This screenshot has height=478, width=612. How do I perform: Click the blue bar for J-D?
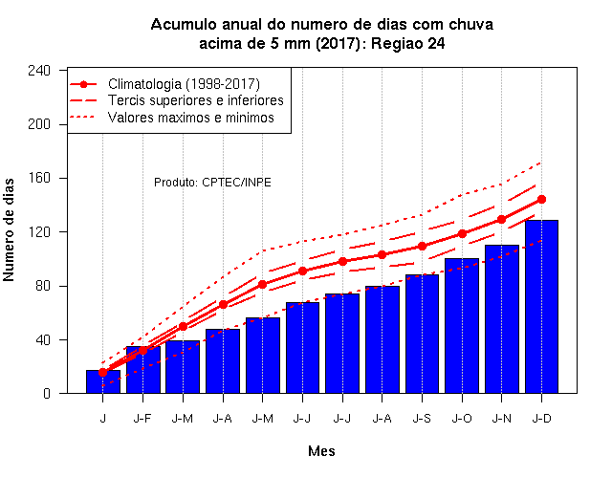pos(541,307)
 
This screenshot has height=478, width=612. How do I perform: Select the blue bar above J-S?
pos(422,334)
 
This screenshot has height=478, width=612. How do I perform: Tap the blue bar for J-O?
pos(462,326)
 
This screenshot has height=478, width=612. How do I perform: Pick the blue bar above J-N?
pos(501,319)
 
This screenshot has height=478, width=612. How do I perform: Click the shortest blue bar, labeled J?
pos(103,381)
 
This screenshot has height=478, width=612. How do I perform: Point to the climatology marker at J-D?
pos(541,200)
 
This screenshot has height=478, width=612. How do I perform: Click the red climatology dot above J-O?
pos(462,233)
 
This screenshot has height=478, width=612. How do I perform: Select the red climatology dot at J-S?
pos(422,247)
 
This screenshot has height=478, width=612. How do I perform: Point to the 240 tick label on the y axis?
pos(39,71)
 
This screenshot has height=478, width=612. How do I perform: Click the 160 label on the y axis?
pos(39,178)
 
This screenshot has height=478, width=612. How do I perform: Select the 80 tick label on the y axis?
pos(42,286)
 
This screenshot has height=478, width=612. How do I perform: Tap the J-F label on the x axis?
pos(142,419)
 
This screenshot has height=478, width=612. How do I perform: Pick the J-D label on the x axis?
pos(542,419)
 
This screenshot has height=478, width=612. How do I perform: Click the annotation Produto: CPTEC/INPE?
pos(212,183)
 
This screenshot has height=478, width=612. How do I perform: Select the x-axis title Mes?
pos(321,451)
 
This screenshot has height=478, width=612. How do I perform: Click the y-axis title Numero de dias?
pos(9,229)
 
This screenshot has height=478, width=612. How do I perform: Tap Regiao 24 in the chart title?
pos(408,43)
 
